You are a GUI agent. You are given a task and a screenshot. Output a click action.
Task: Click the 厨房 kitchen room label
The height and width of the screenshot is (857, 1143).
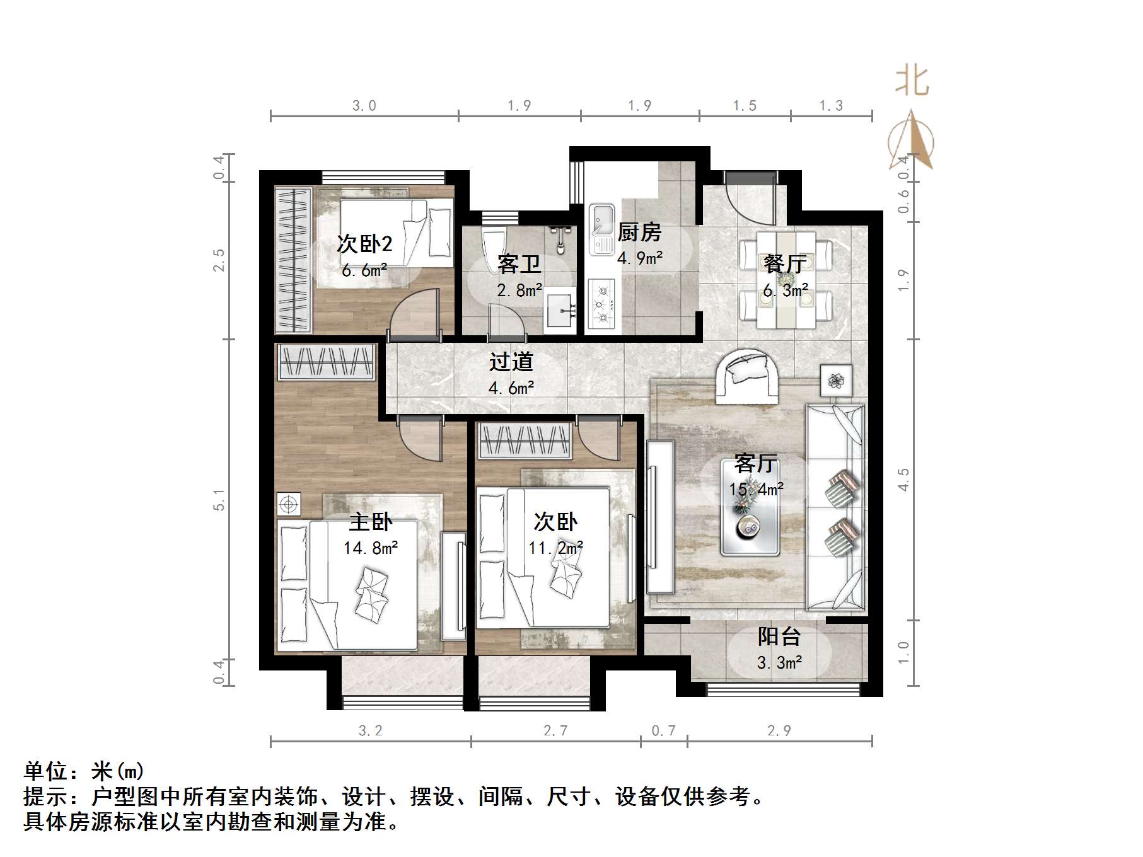(x=639, y=233)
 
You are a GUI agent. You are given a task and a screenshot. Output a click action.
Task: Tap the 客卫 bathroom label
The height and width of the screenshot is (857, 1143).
(x=519, y=264)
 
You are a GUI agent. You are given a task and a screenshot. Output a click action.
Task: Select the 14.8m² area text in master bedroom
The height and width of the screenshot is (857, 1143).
(x=370, y=548)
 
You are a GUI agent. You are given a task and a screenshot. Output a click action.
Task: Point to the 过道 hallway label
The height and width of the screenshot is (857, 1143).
(x=511, y=362)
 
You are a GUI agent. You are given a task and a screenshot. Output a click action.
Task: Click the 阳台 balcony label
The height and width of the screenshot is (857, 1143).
(x=779, y=636)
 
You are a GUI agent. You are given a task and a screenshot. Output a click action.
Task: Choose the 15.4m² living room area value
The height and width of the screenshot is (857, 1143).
(x=756, y=489)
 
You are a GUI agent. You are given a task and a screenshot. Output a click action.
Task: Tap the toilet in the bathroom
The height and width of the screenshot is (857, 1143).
(x=493, y=249)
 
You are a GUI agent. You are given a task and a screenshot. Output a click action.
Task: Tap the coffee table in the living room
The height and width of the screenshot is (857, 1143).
(x=750, y=526)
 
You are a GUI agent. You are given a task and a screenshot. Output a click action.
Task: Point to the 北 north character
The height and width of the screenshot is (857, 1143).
(x=912, y=82)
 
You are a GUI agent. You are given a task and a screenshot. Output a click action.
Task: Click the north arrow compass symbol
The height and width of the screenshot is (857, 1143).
(x=912, y=142)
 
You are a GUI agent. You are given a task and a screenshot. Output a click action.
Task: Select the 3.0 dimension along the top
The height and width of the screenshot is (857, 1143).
(x=364, y=106)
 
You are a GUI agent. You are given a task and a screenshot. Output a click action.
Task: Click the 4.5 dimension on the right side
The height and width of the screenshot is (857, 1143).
(x=903, y=480)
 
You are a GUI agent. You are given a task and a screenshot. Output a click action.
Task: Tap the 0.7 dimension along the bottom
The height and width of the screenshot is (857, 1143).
(x=663, y=731)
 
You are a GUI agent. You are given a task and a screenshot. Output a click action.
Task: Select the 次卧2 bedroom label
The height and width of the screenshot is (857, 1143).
(x=364, y=244)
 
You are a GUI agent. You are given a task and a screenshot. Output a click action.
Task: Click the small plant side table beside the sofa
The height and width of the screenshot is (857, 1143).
(x=837, y=380)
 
